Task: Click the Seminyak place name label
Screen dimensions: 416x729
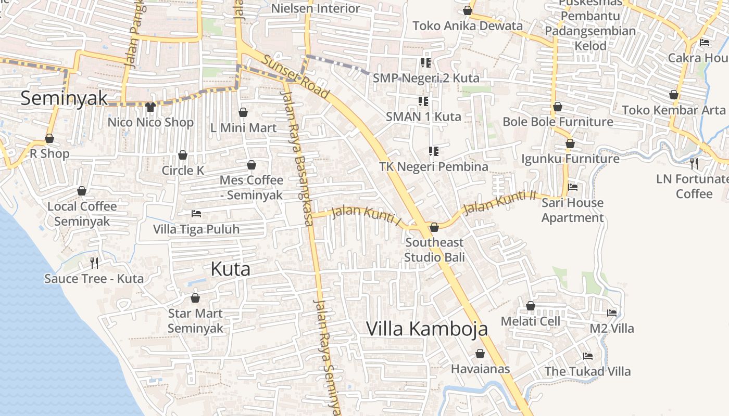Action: coord(64,98)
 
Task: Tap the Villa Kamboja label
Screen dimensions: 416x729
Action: coord(427,329)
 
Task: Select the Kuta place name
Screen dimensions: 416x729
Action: coord(230,269)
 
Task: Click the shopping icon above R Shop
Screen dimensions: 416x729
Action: coord(49,139)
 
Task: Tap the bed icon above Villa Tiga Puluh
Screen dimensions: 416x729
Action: coord(196,214)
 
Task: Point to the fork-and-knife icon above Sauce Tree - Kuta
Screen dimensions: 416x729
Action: coord(94,263)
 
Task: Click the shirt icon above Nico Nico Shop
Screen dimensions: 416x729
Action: coord(150,107)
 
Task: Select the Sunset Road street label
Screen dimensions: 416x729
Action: coord(296,77)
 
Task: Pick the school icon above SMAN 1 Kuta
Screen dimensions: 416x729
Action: coord(423,101)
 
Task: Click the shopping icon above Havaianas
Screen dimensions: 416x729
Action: coord(480,354)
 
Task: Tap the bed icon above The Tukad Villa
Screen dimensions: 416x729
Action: coord(588,356)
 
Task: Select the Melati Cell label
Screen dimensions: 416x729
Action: coord(531,321)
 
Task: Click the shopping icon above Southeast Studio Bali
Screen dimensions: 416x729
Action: coord(434,227)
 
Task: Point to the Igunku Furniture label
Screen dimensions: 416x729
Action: coord(570,159)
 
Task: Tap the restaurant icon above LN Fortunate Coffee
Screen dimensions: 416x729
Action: coord(694,164)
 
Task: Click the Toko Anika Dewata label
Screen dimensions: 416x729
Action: coord(468,25)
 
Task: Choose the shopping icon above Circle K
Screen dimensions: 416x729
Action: coord(183,155)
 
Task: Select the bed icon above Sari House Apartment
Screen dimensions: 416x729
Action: coord(573,187)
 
